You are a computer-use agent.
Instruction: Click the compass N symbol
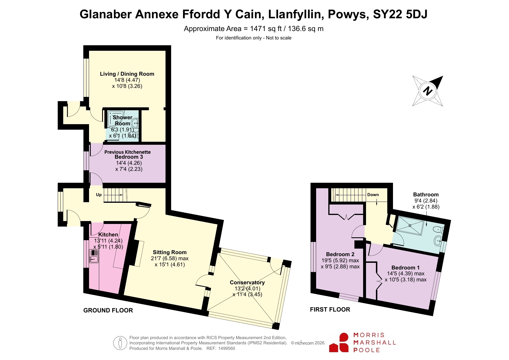click(428, 91)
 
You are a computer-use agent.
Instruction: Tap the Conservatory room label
click(247, 282)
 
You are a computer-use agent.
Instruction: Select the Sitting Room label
click(170, 252)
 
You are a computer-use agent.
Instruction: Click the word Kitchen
click(108, 234)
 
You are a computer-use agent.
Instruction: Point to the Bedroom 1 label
click(405, 267)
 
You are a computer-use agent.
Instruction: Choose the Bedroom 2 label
click(340, 254)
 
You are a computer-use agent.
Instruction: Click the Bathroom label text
click(426, 194)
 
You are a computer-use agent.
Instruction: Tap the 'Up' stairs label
click(99, 195)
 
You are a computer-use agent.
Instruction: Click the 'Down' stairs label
click(373, 195)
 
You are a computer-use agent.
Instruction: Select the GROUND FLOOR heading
click(108, 310)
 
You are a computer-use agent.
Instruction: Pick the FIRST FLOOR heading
click(330, 310)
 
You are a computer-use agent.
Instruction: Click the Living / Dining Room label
click(127, 74)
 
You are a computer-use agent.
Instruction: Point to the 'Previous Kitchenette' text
click(128, 152)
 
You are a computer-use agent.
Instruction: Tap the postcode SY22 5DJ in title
click(400, 14)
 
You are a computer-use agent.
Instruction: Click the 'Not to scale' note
click(279, 38)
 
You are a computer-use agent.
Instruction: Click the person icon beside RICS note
click(120, 343)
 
